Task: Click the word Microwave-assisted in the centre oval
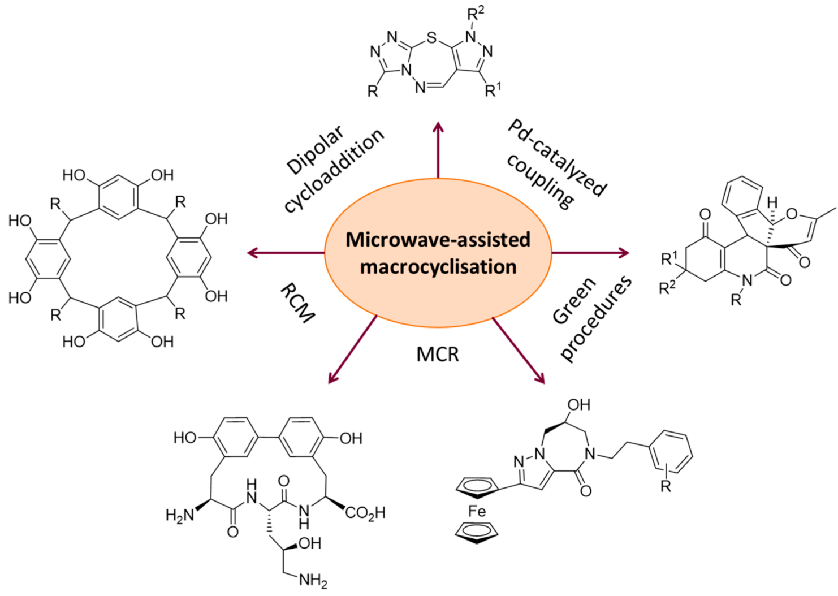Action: [438, 239]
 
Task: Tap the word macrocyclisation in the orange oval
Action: [438, 266]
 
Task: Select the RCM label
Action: [297, 304]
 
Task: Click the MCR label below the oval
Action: [438, 355]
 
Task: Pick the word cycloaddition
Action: [334, 170]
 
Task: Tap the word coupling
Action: [541, 180]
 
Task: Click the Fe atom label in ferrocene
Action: [477, 511]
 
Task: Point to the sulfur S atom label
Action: [432, 38]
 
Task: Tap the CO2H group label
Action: [365, 513]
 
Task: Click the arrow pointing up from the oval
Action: [438, 150]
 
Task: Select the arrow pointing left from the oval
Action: [286, 253]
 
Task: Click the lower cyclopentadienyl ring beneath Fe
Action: [477, 532]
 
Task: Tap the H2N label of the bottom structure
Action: [180, 515]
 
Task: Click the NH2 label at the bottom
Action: [313, 580]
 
